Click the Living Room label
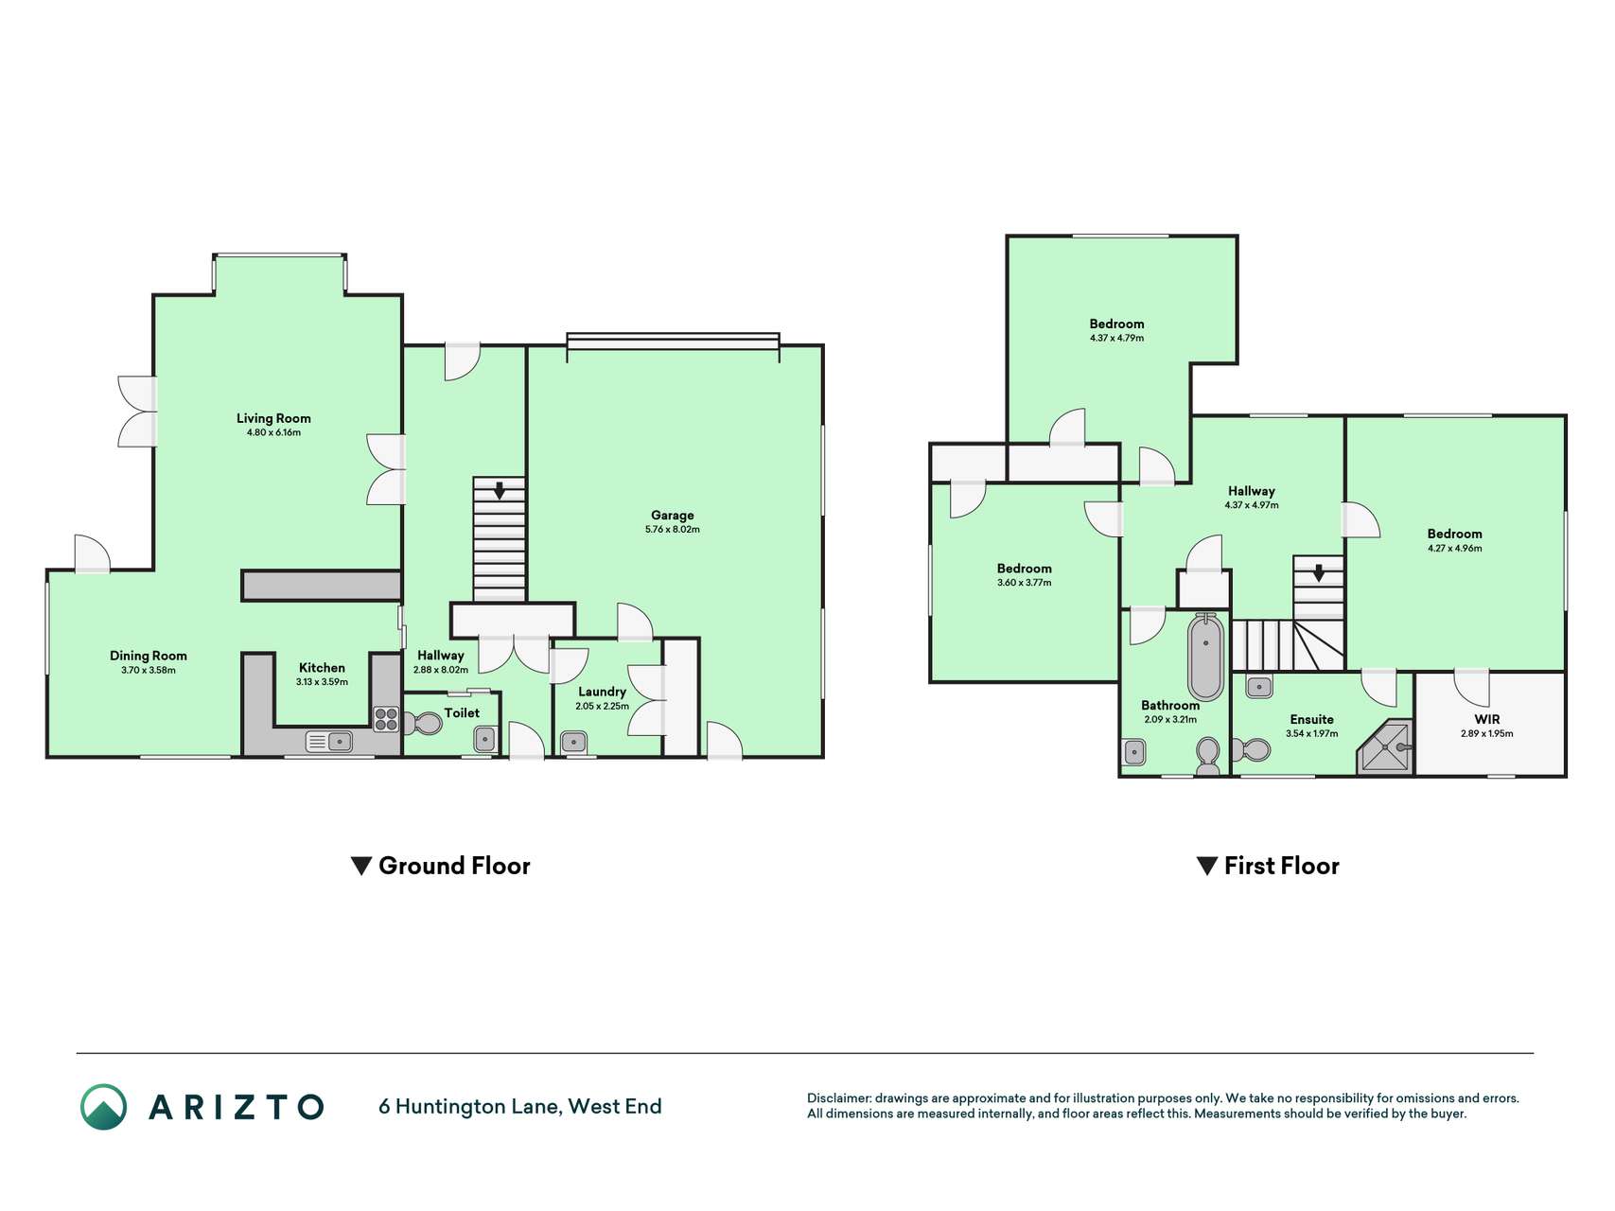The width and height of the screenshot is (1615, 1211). tap(273, 418)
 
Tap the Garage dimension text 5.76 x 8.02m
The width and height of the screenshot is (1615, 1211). tap(673, 530)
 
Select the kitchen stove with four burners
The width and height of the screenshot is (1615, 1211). tap(386, 719)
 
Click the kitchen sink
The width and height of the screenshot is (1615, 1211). tap(329, 742)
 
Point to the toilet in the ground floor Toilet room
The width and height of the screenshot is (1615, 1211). tap(423, 724)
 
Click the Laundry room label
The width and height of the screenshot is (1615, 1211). tap(603, 692)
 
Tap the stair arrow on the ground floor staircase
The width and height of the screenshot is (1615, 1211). tap(499, 490)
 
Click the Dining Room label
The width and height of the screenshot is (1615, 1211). tap(149, 656)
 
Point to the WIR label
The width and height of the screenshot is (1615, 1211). tap(1487, 719)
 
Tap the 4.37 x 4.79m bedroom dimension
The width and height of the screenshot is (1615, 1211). tap(1116, 338)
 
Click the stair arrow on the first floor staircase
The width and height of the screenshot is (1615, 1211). tap(1319, 573)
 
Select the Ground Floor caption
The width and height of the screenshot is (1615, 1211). tap(441, 866)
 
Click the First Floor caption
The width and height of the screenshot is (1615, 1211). tap(1268, 866)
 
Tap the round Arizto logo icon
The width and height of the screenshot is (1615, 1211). tap(104, 1107)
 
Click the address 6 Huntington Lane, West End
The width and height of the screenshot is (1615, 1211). tap(520, 1106)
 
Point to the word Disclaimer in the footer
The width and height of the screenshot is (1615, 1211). tap(839, 1098)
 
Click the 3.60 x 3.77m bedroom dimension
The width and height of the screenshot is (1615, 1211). tap(1025, 583)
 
